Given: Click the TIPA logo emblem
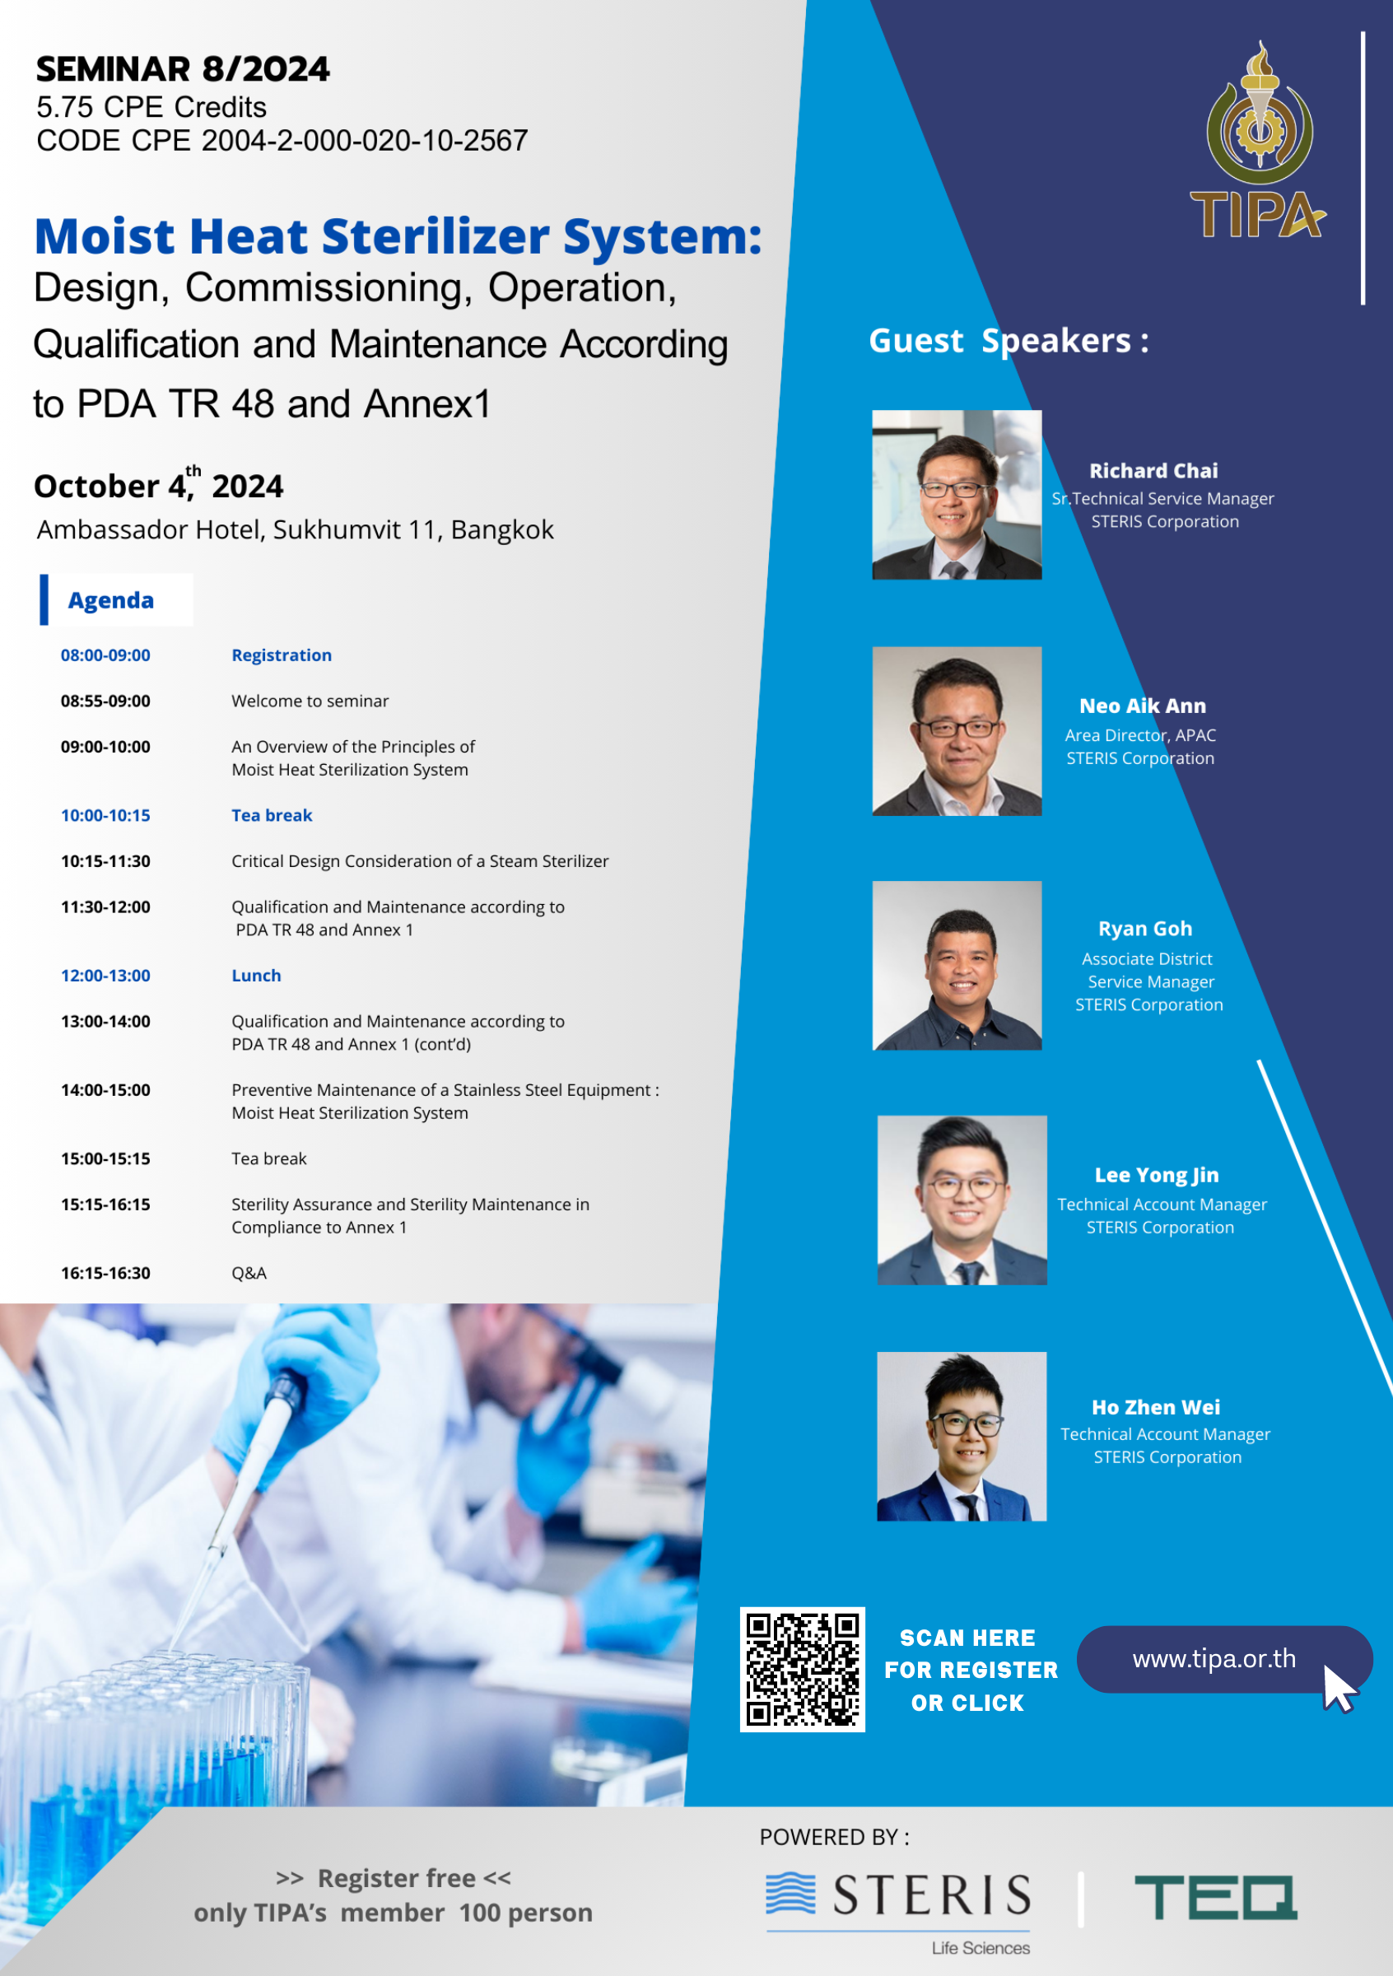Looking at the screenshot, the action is (1259, 138).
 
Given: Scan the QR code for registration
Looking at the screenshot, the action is (802, 1669).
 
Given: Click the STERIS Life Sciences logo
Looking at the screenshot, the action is (898, 1911).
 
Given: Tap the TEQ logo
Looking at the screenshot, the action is (1215, 1898).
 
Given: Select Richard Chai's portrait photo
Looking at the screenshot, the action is (957, 495).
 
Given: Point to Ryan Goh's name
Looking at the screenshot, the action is (1145, 929).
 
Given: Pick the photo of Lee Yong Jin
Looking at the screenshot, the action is (962, 1200).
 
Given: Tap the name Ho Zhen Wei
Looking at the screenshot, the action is (1156, 1407).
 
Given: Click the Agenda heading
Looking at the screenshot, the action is (111, 600).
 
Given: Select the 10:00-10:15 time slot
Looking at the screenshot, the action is (105, 815).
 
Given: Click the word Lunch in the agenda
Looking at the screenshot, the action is (256, 975).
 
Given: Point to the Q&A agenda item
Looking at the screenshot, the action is (249, 1273).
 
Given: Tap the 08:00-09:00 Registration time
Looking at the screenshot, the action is (105, 655).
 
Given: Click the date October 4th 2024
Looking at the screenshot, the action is (158, 485).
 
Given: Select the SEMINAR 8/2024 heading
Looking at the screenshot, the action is (183, 69).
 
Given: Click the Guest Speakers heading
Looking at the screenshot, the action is (1009, 341).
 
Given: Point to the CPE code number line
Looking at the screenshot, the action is (282, 140).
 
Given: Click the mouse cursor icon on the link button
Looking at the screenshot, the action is (1340, 1689).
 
